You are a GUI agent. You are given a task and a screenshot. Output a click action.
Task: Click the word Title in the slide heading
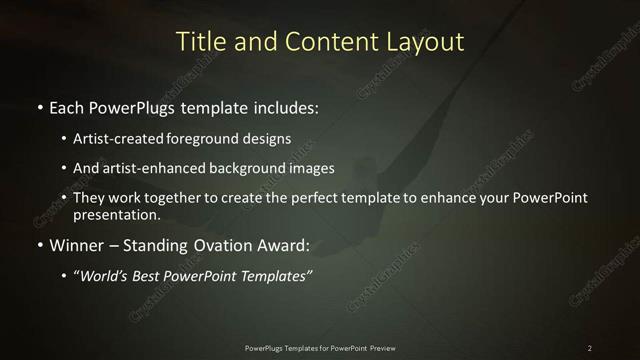click(198, 42)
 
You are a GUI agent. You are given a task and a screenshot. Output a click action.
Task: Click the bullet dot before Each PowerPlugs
click(39, 105)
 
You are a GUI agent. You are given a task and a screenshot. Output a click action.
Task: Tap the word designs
click(268, 139)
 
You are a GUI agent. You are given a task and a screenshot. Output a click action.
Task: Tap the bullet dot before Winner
click(39, 244)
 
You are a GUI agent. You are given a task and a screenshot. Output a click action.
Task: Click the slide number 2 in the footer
click(589, 347)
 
